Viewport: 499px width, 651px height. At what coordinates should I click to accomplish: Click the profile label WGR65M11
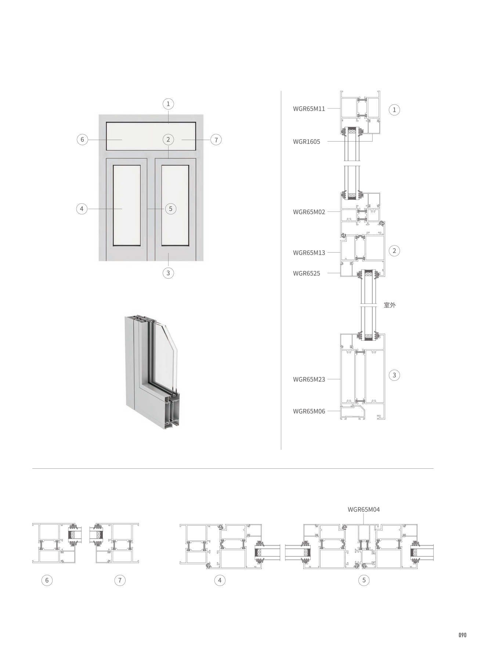pyautogui.click(x=309, y=109)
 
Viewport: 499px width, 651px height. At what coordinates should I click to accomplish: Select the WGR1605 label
pyautogui.click(x=306, y=142)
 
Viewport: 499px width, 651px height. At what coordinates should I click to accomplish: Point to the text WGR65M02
pyautogui.click(x=309, y=212)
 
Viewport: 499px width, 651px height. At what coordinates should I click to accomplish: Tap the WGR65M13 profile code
pyautogui.click(x=309, y=253)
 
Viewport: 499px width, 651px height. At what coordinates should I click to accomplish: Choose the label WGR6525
pyautogui.click(x=306, y=273)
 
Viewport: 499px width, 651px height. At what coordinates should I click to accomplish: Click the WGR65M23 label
pyautogui.click(x=309, y=379)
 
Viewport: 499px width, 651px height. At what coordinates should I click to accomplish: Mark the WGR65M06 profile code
pyautogui.click(x=309, y=411)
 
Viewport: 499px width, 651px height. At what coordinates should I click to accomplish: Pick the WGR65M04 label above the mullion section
pyautogui.click(x=364, y=509)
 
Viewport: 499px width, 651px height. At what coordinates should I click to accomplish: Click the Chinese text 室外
pyautogui.click(x=390, y=305)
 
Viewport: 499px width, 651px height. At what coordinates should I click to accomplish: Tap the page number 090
pyautogui.click(x=462, y=635)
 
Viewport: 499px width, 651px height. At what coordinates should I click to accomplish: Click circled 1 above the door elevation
pyautogui.click(x=168, y=104)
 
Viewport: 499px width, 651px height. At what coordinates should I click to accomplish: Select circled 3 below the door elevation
pyautogui.click(x=168, y=273)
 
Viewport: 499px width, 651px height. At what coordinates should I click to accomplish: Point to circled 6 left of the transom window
pyautogui.click(x=82, y=140)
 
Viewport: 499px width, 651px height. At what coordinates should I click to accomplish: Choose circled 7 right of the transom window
pyautogui.click(x=216, y=140)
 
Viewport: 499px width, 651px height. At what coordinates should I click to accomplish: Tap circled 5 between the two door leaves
pyautogui.click(x=170, y=209)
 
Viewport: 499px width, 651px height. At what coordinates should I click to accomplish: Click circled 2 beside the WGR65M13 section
pyautogui.click(x=394, y=251)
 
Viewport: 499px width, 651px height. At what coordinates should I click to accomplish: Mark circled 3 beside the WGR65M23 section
pyautogui.click(x=394, y=375)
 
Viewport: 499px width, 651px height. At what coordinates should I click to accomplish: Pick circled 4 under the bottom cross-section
pyautogui.click(x=220, y=580)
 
